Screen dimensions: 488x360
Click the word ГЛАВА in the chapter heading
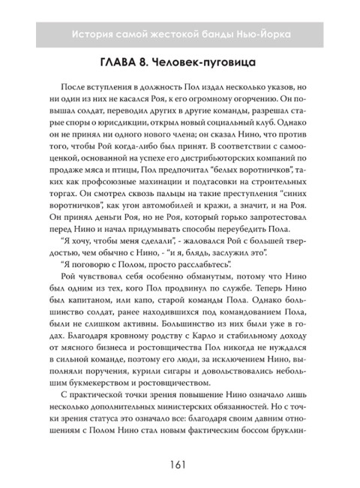click(123, 64)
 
